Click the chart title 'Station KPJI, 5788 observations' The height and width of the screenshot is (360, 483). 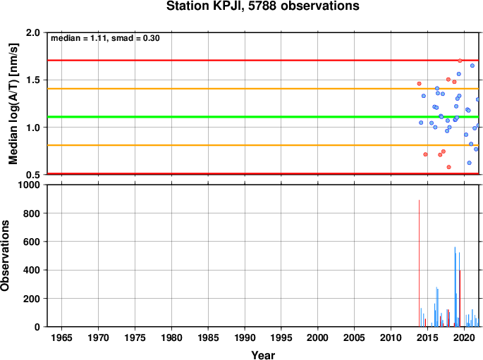[263, 6]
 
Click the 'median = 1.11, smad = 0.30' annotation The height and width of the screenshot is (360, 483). [105, 38]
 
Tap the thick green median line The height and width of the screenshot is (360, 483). [263, 117]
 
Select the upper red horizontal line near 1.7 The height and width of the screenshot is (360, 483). [263, 60]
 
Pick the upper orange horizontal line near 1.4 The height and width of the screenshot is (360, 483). [263, 89]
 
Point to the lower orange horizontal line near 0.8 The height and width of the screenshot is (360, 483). [263, 145]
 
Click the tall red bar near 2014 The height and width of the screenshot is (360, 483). [419, 263]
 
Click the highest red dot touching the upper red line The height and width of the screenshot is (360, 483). [460, 61]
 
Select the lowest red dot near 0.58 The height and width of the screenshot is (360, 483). [449, 167]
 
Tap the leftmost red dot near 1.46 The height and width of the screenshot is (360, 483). [419, 84]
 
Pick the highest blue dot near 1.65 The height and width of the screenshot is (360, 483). [472, 66]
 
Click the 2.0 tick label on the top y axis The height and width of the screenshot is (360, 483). [33, 32]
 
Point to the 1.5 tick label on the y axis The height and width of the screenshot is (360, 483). [33, 80]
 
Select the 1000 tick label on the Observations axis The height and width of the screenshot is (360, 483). [30, 185]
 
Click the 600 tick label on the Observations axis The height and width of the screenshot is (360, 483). [32, 242]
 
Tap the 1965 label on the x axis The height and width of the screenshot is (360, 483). [61, 337]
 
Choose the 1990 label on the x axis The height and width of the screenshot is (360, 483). [245, 337]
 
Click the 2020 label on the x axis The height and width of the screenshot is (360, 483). [464, 337]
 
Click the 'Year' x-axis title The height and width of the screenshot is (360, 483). [263, 355]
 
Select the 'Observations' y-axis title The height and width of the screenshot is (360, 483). [5, 256]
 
